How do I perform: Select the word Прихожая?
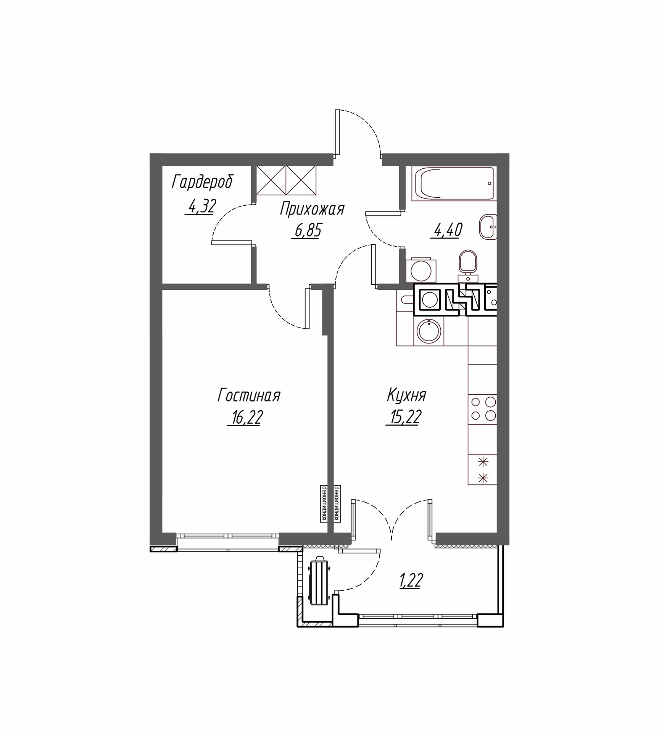tap(312, 209)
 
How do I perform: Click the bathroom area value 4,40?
tap(447, 230)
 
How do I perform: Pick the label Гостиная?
tap(249, 395)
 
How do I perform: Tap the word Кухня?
tap(406, 395)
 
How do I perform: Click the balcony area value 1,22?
tap(412, 581)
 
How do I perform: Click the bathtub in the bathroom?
tap(454, 184)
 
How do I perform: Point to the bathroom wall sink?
tap(488, 227)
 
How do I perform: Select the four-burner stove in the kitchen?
tap(483, 409)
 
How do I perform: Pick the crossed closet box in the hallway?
tap(286, 180)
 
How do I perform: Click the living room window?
tap(228, 542)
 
